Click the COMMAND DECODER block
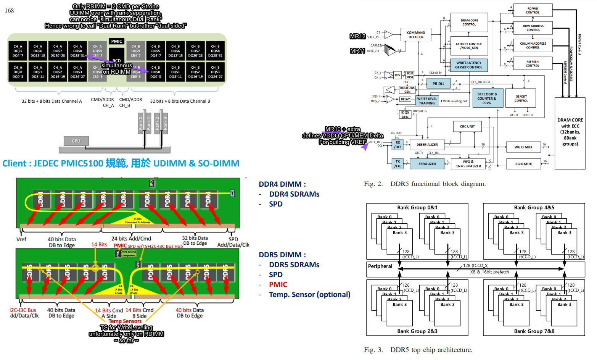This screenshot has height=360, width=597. click(x=416, y=35)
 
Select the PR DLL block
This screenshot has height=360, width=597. click(x=438, y=84)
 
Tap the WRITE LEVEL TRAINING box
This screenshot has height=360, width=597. click(x=427, y=101)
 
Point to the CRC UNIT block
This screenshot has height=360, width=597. click(x=467, y=126)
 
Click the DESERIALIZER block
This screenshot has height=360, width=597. click(x=427, y=145)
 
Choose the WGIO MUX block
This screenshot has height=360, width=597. click(x=523, y=147)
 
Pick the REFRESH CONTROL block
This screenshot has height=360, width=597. click(x=533, y=63)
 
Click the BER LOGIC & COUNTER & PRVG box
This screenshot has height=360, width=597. click(x=487, y=98)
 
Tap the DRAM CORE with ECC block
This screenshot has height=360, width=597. click(x=570, y=132)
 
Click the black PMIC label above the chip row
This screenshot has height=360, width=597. click(x=117, y=41)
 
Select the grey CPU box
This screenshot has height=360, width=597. click(x=76, y=141)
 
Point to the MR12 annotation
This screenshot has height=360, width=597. click(x=358, y=36)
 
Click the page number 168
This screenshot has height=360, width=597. click(x=9, y=11)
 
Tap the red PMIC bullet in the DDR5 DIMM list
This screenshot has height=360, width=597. click(x=278, y=284)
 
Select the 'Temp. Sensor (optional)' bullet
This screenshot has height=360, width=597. click(x=309, y=294)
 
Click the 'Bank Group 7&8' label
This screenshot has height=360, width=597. click(x=534, y=331)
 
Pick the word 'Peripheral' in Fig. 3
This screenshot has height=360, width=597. click(x=380, y=266)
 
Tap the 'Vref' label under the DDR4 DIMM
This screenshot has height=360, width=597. click(x=21, y=239)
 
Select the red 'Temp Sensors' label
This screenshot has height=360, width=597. click(x=125, y=321)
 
